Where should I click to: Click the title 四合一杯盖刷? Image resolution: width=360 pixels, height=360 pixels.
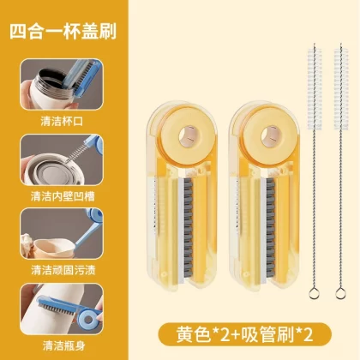pos(63,31)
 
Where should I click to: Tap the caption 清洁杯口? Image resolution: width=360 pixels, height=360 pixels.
pos(62,121)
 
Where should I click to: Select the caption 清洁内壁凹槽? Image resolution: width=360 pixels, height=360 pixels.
pos(63,196)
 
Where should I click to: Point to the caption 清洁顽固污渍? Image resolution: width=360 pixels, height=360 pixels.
pos(63,270)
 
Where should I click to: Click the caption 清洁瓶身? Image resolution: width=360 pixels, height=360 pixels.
pos(64,345)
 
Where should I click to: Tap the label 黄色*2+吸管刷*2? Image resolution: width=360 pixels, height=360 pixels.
pos(244,334)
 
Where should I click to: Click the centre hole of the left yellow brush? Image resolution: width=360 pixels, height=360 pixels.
pos(188,135)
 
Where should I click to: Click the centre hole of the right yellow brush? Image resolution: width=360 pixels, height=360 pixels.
pos(270,135)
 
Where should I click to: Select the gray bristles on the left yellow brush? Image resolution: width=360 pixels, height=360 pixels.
pos(188,228)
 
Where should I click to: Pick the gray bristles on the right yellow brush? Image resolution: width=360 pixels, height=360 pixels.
pos(271,228)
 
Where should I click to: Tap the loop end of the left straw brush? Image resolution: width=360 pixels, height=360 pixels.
pos(314,293)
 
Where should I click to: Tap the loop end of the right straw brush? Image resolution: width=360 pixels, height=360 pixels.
pos(340,293)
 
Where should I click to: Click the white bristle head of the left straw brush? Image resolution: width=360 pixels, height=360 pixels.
pos(315,89)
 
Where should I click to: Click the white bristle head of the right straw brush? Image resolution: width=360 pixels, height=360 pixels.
pos(341,89)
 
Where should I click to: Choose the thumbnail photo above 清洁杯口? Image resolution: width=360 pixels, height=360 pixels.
pos(62,84)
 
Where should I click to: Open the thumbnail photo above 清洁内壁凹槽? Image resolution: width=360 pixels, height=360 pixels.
pos(62,160)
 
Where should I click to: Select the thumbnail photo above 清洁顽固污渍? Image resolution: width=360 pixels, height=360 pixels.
pos(62,234)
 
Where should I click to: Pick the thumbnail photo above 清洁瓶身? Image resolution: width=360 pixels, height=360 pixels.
pos(62,309)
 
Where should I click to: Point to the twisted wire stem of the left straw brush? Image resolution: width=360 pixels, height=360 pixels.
pos(314,208)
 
